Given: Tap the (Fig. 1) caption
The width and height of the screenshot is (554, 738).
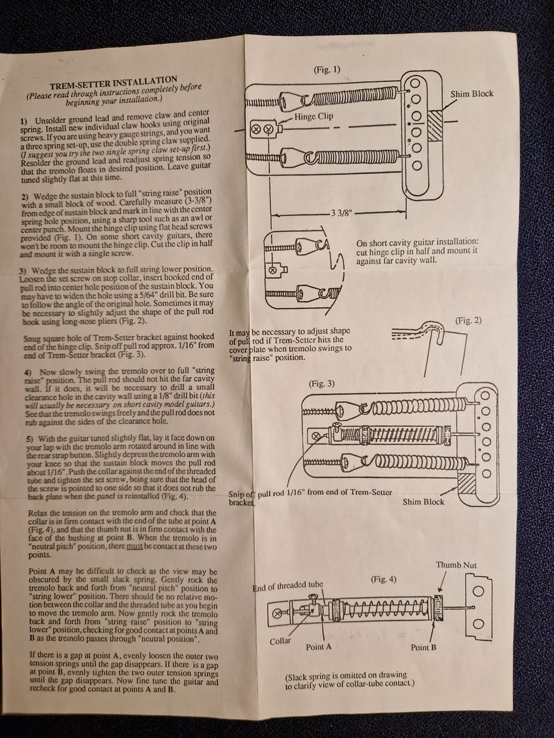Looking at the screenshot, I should coord(327,70).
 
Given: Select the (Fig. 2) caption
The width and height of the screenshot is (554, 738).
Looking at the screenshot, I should coord(468,320).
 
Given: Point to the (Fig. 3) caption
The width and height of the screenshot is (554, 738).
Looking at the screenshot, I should coord(322,383).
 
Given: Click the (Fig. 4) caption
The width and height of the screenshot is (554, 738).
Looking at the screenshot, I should coord(383,578).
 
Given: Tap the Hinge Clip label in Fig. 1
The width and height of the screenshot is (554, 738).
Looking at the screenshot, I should coord(313,116).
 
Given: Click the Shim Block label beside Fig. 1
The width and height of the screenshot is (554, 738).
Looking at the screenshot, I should coord(471,93).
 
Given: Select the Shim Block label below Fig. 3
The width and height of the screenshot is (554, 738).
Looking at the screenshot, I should coord(424,502).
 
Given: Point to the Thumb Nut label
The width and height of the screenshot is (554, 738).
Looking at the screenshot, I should coord(456,565).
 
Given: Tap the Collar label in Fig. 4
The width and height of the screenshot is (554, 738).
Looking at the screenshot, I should coord(280,641).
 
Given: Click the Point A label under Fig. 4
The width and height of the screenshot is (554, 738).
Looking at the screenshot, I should coord(319,647).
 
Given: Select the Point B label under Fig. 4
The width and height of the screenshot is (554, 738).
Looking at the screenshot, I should coord(423,647).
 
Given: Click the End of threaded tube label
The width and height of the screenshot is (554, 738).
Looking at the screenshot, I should coord(287,586).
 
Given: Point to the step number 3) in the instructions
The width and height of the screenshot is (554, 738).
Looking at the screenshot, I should coord(23,270).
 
